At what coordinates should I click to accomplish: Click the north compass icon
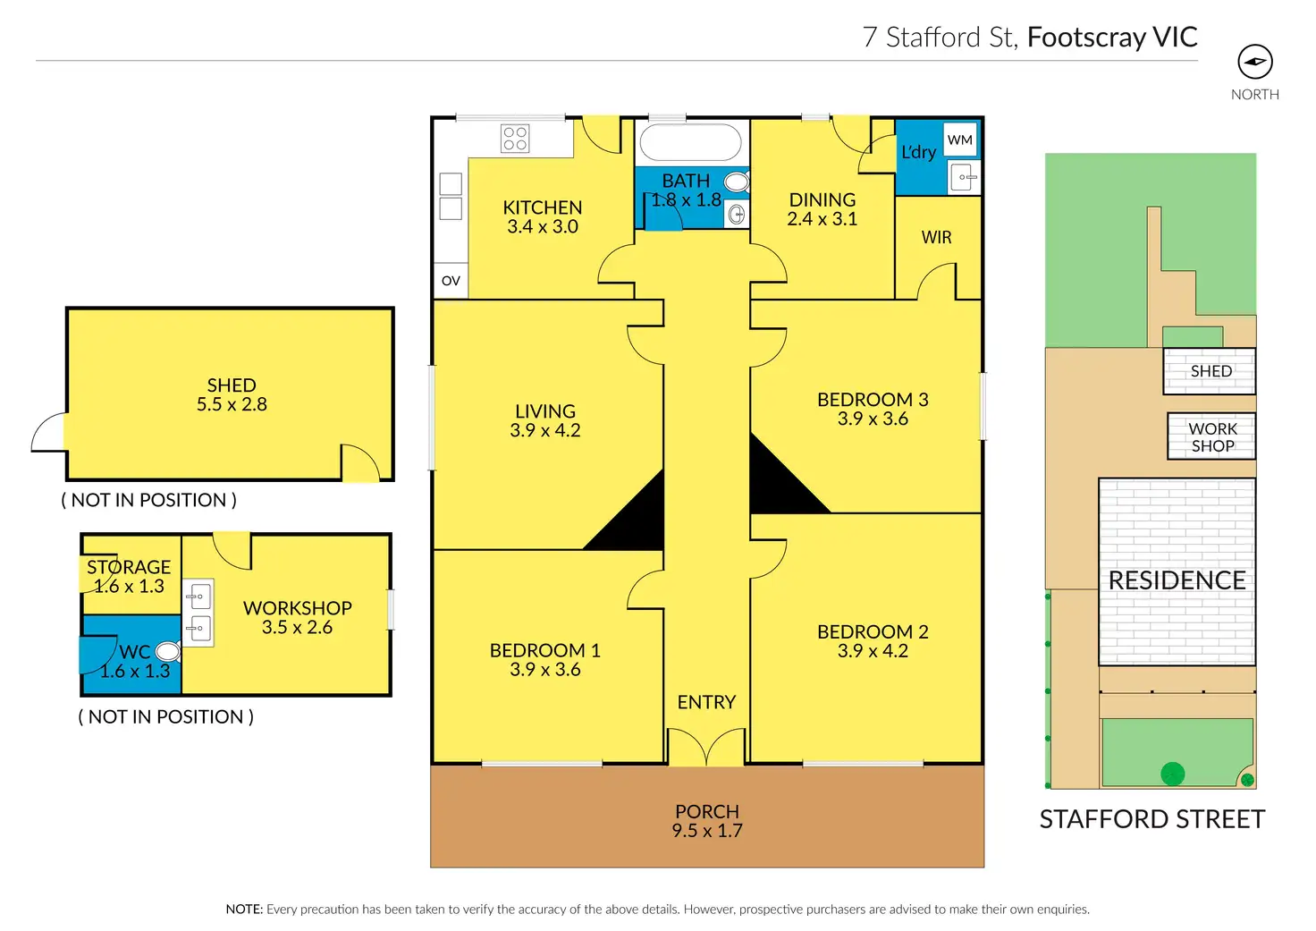[1255, 62]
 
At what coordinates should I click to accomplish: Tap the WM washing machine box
[960, 140]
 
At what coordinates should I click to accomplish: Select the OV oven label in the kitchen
[451, 281]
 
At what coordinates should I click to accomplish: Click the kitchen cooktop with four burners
[515, 139]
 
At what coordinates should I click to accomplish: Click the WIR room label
[937, 237]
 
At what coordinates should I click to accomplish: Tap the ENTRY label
[706, 702]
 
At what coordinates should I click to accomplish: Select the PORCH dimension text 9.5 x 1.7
[707, 831]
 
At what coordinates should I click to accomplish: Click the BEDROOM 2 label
[873, 631]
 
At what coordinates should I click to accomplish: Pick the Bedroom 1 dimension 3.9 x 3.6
[545, 670]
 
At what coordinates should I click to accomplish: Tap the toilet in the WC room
[167, 650]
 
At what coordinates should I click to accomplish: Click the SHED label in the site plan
[1211, 371]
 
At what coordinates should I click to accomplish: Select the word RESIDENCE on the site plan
[1177, 580]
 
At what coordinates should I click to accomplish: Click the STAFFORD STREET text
[1152, 819]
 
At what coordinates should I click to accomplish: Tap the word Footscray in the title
[1086, 37]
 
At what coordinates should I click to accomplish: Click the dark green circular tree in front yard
[1172, 774]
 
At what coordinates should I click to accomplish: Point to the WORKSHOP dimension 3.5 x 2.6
[297, 628]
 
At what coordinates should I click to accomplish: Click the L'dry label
[919, 152]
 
